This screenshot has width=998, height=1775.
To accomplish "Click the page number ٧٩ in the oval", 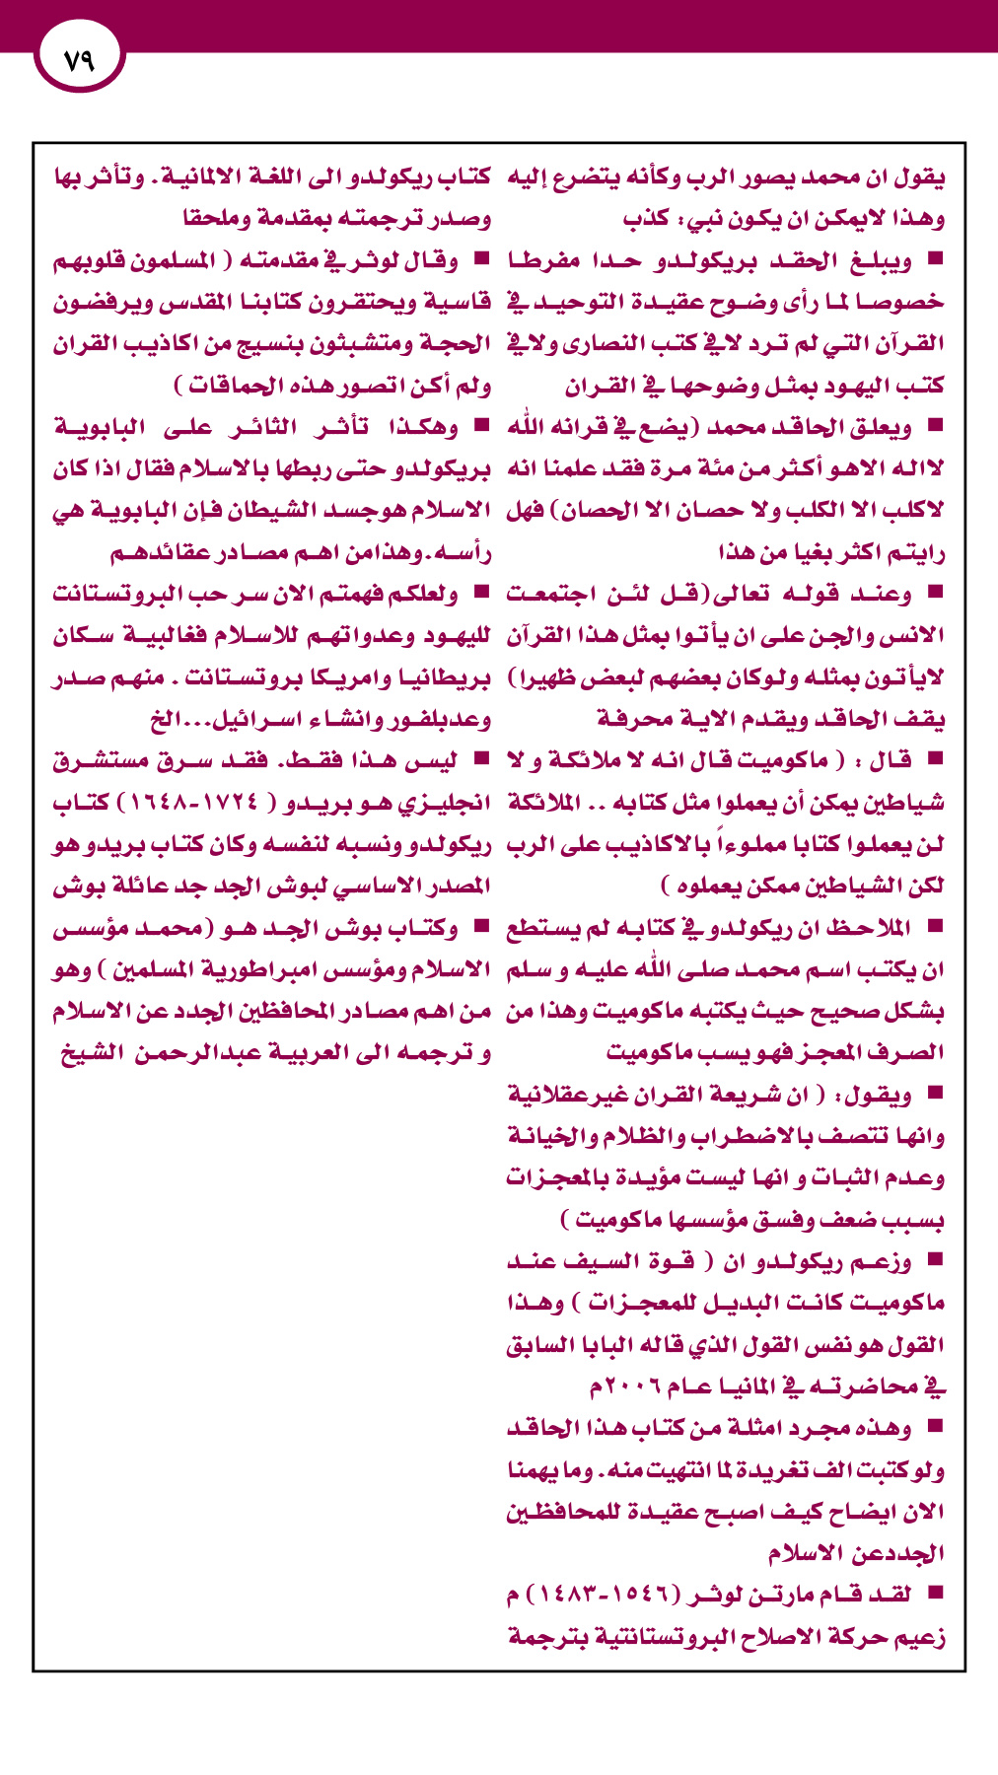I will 78,59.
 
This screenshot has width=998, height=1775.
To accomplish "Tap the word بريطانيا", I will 443,678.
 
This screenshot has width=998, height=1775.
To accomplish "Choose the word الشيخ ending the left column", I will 89,1054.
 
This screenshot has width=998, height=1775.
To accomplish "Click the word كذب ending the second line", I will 646,219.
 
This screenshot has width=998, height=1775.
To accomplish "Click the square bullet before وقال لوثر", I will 482,260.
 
